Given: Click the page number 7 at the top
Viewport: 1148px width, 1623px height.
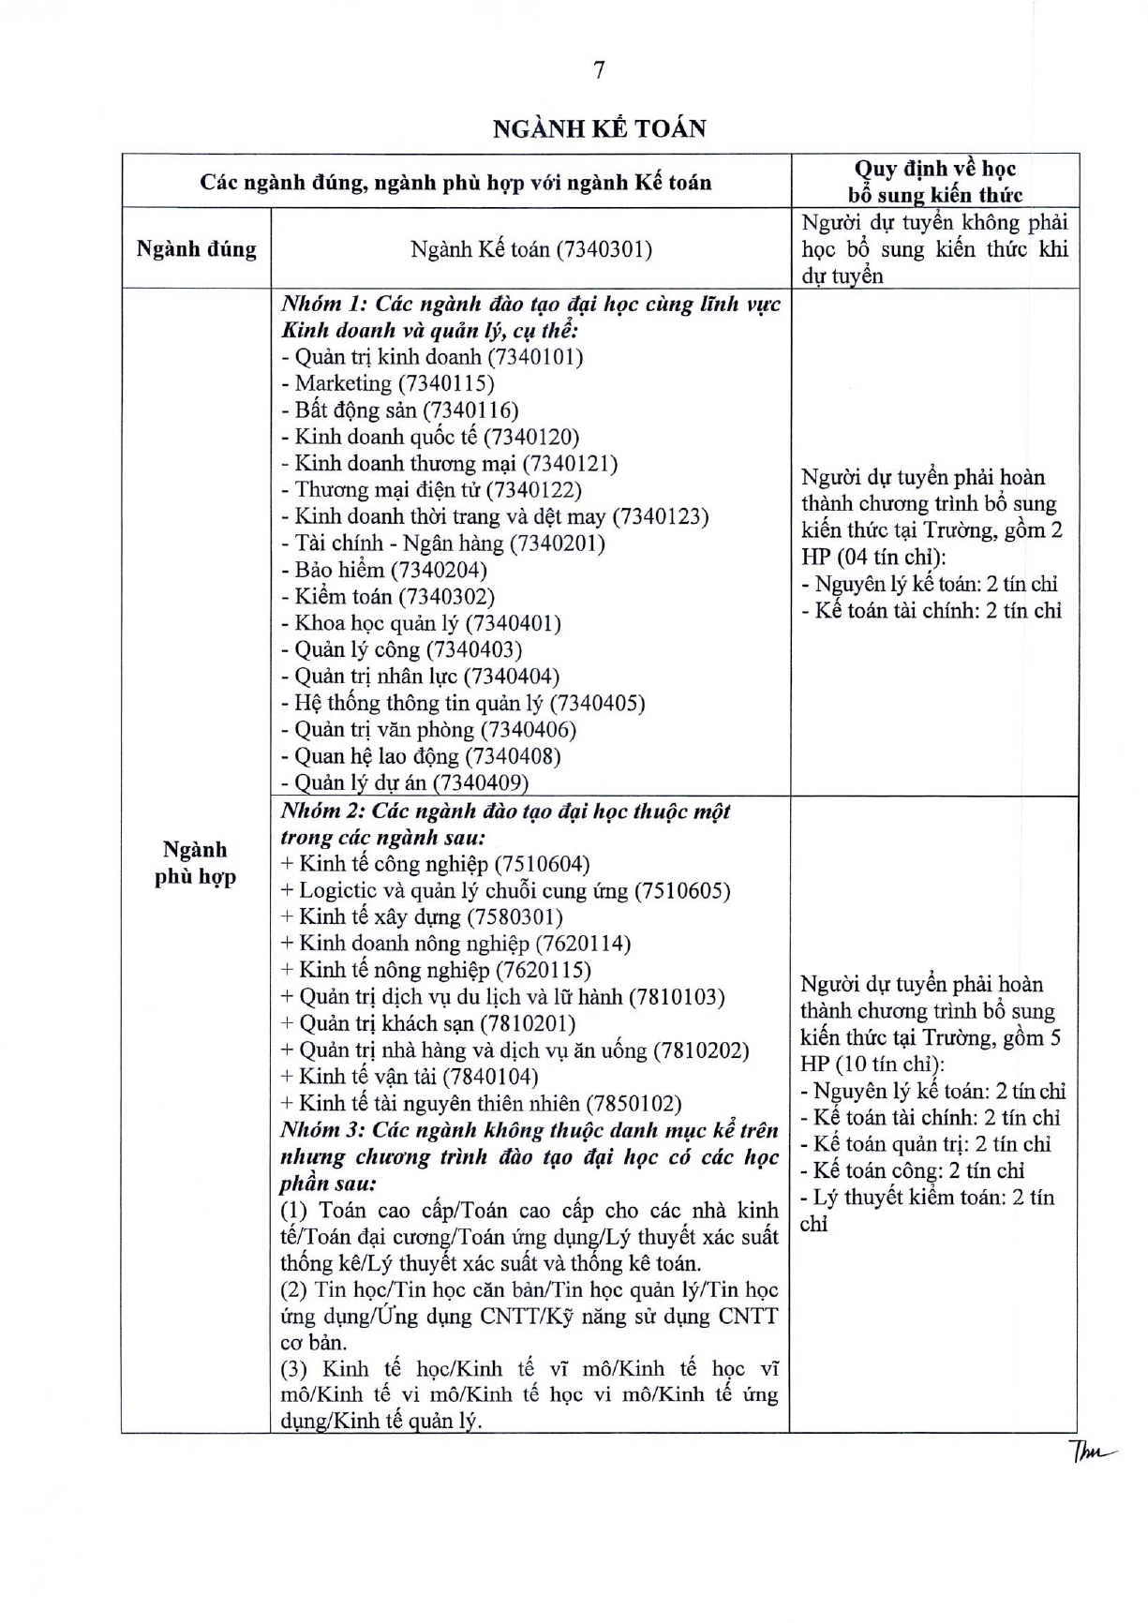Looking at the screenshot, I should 600,70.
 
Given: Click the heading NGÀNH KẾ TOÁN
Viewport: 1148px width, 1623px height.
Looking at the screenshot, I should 600,128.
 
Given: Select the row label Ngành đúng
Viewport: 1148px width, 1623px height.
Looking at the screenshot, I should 196,249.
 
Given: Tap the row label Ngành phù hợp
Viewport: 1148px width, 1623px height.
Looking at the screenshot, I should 196,863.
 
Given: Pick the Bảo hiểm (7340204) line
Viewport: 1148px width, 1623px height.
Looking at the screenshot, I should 383,570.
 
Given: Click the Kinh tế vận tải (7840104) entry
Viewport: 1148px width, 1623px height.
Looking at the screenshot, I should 410,1077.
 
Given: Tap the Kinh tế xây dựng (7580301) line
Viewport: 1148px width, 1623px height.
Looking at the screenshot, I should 422,917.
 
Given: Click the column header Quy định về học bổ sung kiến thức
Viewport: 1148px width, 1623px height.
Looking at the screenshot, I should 934,182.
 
